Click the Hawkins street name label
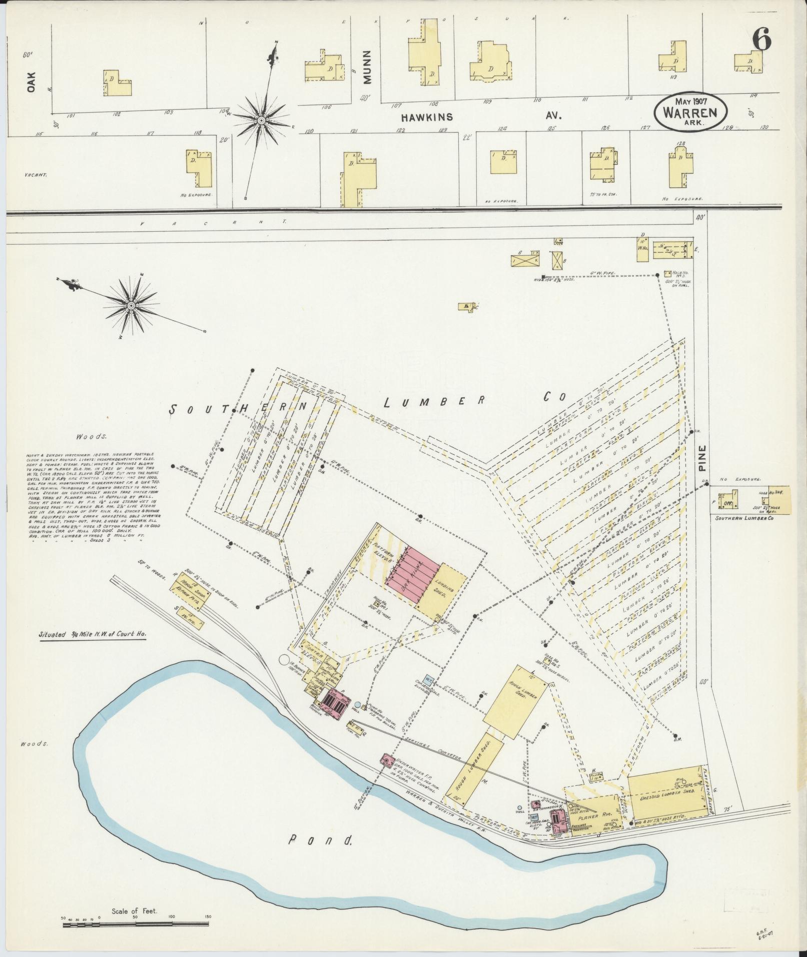427,117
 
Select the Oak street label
33,82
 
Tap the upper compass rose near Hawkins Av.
261,121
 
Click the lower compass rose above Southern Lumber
131,305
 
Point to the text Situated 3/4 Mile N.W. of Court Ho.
93,635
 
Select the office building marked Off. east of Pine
724,502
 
